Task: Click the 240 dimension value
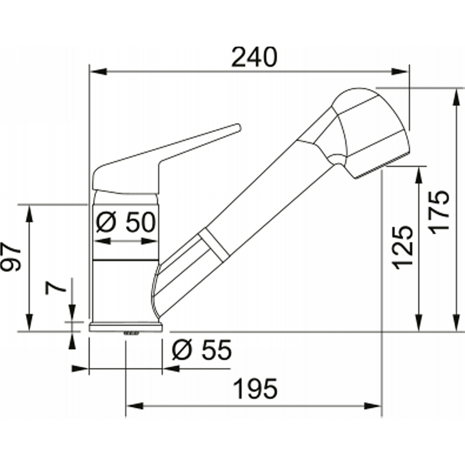254,57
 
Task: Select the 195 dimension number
256,388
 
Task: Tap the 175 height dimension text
440,212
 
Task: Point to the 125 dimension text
403,248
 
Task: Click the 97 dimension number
11,256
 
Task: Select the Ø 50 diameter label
126,222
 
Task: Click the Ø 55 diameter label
202,350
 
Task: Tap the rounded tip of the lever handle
238,127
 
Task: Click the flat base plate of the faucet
126,327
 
